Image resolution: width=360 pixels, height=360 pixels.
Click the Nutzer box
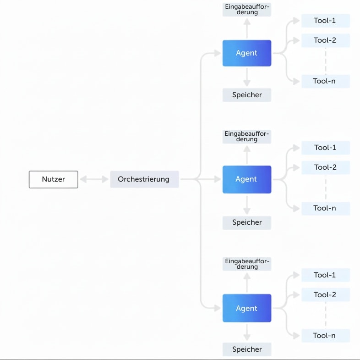tap(53, 179)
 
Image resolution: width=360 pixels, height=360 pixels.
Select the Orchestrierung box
tap(144, 179)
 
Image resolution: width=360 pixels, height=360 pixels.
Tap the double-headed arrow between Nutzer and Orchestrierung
tap(94, 179)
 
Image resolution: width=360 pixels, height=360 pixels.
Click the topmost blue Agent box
tap(247, 53)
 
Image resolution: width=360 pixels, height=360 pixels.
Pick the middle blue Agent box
tap(247, 179)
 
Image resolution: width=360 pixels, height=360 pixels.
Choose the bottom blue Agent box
tap(247, 308)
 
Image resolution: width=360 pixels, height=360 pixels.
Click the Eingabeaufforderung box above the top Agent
tap(247, 10)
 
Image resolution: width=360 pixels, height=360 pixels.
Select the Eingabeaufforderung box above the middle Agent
tap(247, 137)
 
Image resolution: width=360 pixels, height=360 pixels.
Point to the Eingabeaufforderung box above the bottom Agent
tap(247, 264)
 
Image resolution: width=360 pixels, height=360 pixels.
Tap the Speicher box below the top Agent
tap(247, 95)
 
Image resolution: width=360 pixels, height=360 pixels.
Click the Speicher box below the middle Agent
tap(247, 222)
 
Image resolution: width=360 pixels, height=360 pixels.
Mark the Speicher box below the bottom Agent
tap(247, 349)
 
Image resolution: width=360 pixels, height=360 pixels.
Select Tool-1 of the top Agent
tap(326, 21)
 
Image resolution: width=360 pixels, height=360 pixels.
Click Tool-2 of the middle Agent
tap(326, 167)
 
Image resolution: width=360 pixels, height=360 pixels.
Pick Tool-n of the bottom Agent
tap(326, 336)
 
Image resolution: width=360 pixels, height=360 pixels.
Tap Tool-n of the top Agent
tap(326, 81)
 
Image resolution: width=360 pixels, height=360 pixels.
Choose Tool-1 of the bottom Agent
tap(326, 275)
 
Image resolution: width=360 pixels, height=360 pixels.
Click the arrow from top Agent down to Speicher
tap(247, 77)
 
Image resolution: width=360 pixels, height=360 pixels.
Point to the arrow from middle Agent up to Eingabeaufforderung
tap(247, 155)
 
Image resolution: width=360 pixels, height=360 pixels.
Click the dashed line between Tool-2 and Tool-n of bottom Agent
tap(326, 315)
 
